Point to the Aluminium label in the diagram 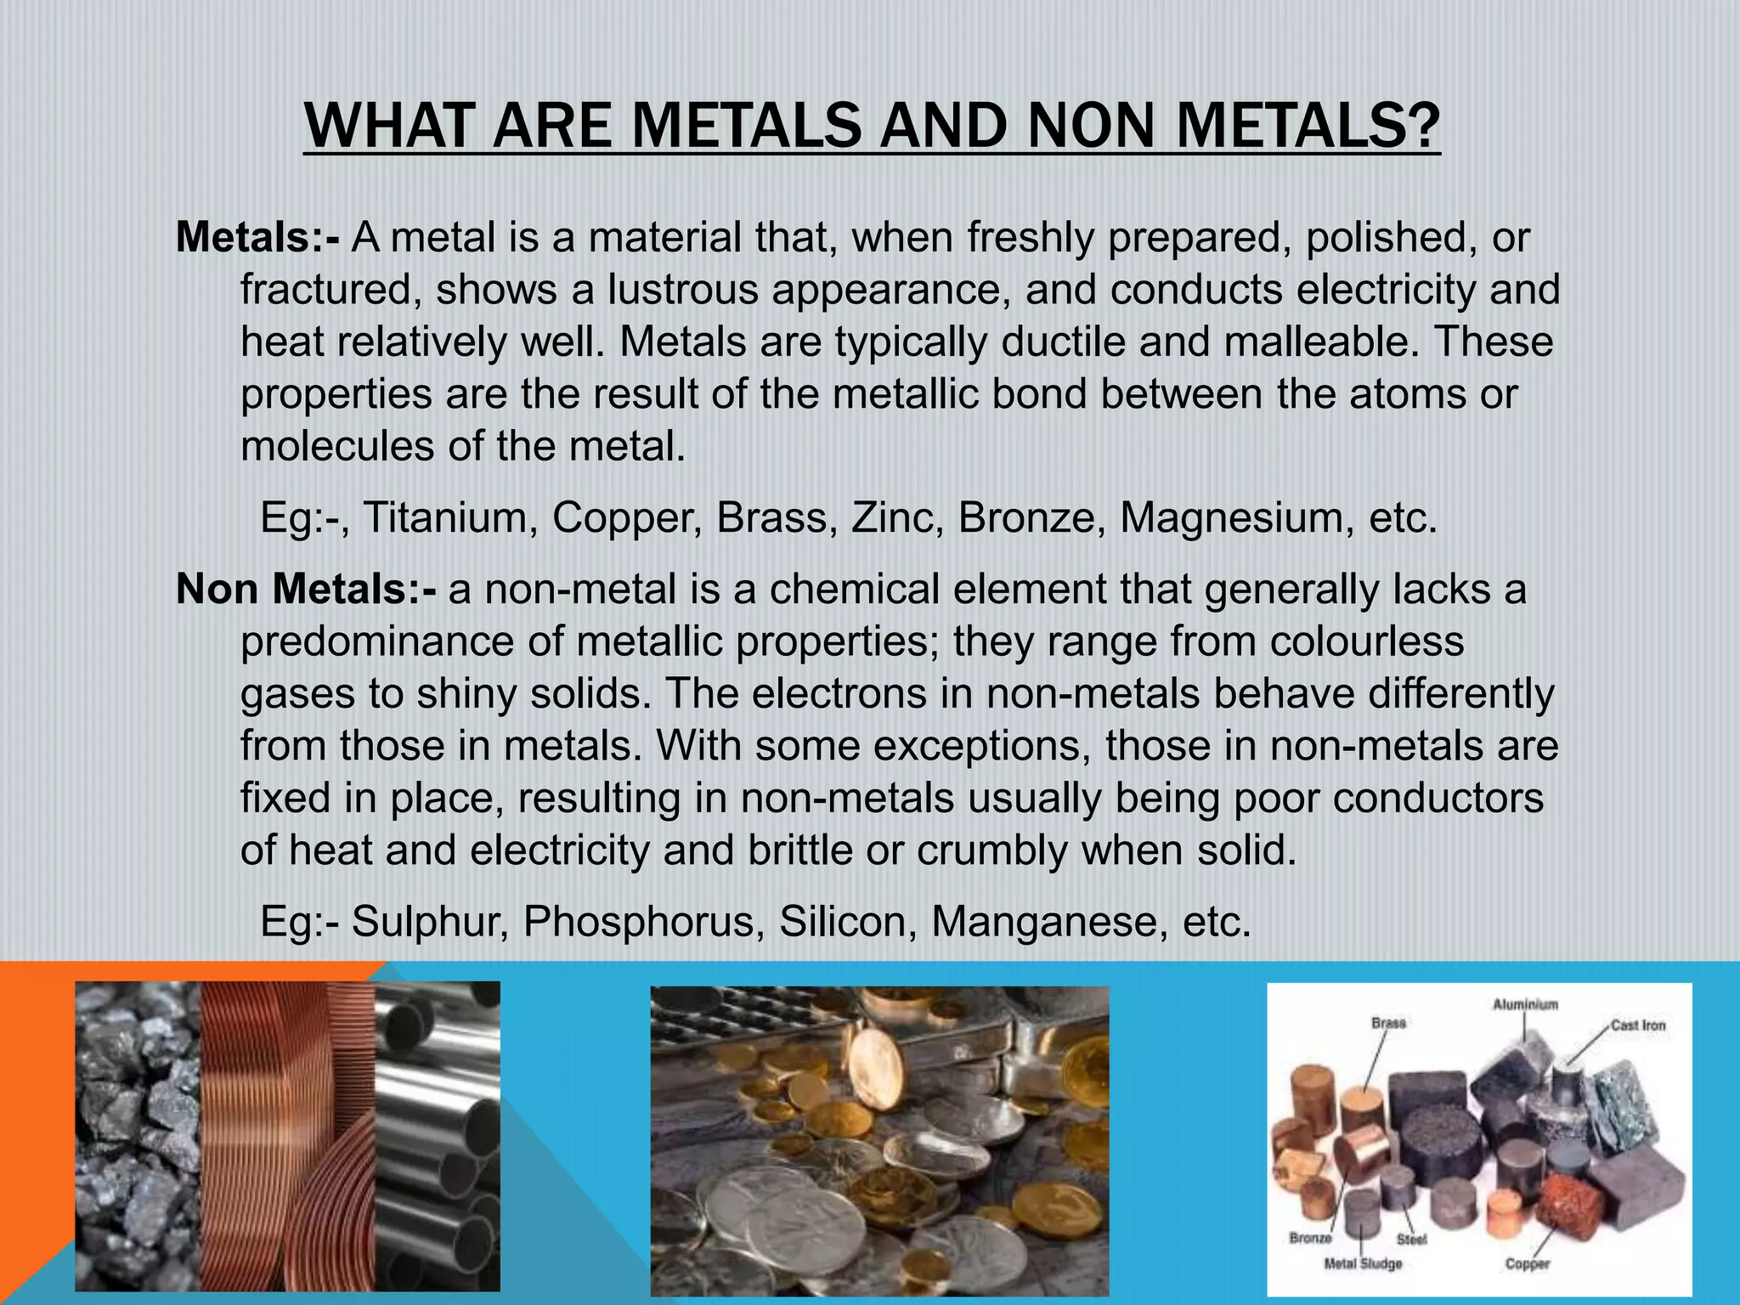click(1525, 1004)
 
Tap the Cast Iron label click(1638, 1025)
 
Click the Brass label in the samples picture click(1388, 1023)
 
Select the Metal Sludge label click(1363, 1264)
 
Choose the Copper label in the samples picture click(1527, 1263)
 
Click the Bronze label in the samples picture click(1310, 1238)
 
